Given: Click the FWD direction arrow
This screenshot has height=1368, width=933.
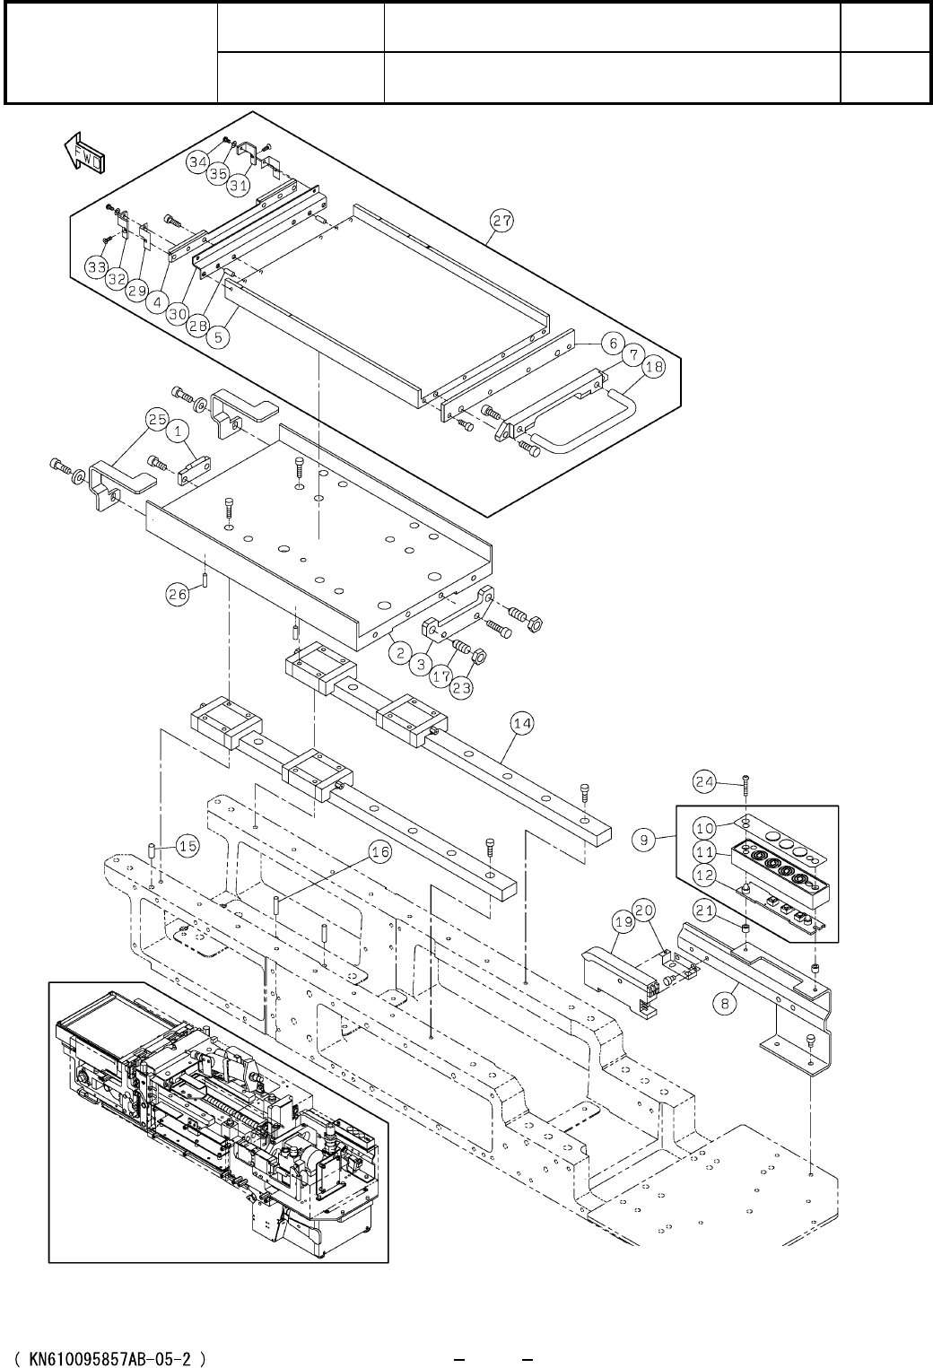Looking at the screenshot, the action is pyautogui.click(x=84, y=151).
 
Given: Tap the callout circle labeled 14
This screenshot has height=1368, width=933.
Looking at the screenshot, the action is pyautogui.click(x=522, y=724).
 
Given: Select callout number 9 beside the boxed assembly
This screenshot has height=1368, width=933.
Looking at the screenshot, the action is pyautogui.click(x=644, y=840).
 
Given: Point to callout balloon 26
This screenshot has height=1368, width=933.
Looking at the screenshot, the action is pyautogui.click(x=178, y=594).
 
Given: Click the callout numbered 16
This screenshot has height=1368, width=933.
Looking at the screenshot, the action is pyautogui.click(x=380, y=852).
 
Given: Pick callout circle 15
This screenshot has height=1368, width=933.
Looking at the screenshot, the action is pyautogui.click(x=187, y=846).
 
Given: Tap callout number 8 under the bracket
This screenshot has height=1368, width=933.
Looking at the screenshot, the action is pyautogui.click(x=724, y=1004).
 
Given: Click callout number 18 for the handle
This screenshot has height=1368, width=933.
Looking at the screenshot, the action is pyautogui.click(x=654, y=367).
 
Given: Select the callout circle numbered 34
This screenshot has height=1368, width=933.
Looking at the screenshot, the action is pyautogui.click(x=198, y=161).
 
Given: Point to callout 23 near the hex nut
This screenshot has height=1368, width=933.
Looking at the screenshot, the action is pyautogui.click(x=462, y=688).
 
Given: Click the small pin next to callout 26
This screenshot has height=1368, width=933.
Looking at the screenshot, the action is pyautogui.click(x=205, y=577).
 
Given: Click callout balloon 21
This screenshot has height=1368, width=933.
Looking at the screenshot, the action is pyautogui.click(x=704, y=911).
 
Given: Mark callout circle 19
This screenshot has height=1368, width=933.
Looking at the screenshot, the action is pyautogui.click(x=623, y=921).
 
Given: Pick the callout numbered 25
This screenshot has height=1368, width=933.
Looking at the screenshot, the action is pyautogui.click(x=157, y=420).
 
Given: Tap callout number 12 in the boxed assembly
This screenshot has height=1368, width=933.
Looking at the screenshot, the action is pyautogui.click(x=704, y=876).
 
